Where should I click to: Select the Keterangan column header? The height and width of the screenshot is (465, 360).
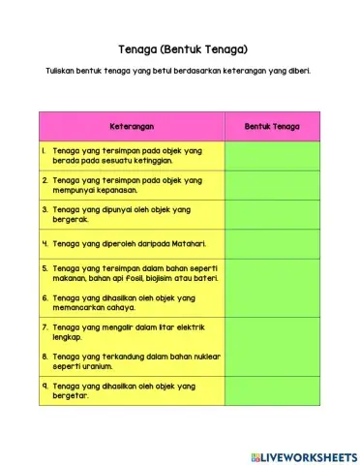pyautogui.click(x=131, y=127)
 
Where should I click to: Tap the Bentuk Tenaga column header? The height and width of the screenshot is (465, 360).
pyautogui.click(x=272, y=127)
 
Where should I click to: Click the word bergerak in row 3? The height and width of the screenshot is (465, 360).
pyautogui.click(x=71, y=220)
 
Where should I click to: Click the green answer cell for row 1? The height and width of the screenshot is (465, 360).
pyautogui.click(x=272, y=155)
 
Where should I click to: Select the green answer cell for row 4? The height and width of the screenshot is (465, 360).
pyautogui.click(x=272, y=244)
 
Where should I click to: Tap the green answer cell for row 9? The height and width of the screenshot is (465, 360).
pyautogui.click(x=272, y=390)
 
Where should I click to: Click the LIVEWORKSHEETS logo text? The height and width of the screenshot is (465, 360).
pyautogui.click(x=308, y=456)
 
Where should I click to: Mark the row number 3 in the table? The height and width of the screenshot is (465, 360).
pyautogui.click(x=45, y=209)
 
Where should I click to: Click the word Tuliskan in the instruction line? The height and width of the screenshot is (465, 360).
pyautogui.click(x=62, y=71)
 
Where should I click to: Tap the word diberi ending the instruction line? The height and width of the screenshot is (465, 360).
pyautogui.click(x=294, y=71)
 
